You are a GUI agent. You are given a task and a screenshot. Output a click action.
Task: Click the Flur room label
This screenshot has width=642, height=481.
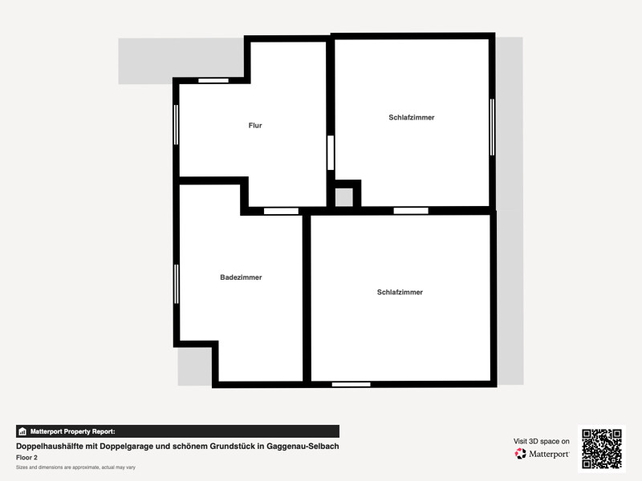tap(255, 125)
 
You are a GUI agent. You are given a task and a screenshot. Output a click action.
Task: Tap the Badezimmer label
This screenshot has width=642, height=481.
tap(241, 277)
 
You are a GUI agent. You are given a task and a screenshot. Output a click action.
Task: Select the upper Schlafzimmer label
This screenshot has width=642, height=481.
tap(412, 117)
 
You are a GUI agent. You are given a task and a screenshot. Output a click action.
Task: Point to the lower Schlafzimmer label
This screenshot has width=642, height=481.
tap(400, 292)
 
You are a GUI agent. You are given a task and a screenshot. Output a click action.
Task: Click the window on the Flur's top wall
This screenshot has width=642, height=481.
tap(213, 81)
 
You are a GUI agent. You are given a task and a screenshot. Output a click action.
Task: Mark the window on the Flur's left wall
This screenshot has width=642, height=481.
tap(176, 125)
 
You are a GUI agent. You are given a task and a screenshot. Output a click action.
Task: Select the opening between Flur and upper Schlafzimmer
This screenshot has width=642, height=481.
tap(331, 152)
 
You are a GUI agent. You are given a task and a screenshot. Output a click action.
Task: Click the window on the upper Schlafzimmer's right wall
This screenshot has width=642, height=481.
tap(492, 127)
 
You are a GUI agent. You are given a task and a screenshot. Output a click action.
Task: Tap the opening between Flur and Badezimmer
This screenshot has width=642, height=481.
tap(282, 211)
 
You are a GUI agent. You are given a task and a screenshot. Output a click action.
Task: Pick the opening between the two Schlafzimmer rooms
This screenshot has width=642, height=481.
tap(411, 211)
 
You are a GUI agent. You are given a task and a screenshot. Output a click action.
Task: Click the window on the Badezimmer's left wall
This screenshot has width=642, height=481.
tap(177, 284)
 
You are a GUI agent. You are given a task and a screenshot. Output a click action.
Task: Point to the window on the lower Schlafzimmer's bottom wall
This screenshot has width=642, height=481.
tap(351, 385)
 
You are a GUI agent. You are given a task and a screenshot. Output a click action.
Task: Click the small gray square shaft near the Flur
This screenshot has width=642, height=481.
tap(344, 197)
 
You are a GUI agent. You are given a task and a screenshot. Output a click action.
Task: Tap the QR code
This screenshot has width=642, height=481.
tap(602, 449)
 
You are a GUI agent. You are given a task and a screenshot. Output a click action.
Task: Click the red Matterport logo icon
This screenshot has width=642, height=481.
tap(520, 454)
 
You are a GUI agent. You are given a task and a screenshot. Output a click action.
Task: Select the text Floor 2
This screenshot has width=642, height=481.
tap(26, 457)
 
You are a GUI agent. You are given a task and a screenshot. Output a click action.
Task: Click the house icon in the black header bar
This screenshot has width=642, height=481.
tap(22, 431)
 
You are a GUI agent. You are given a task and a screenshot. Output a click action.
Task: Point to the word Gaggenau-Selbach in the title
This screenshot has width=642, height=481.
tap(303, 447)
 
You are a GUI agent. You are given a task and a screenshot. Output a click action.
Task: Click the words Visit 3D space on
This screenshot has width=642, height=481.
tap(541, 442)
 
